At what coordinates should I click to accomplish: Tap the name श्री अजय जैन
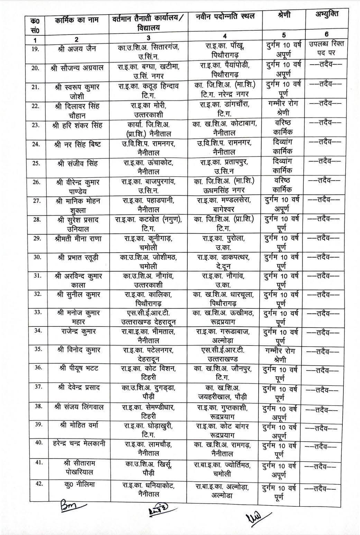[77, 49]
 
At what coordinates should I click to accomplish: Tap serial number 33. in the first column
[35, 313]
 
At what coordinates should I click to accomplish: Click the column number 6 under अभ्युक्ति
[326, 34]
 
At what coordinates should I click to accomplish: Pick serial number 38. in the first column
[35, 405]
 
